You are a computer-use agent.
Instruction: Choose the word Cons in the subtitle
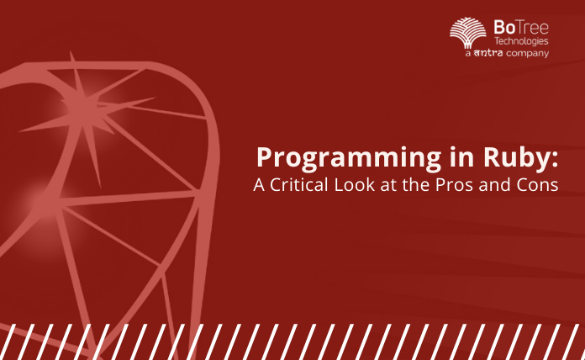click(537, 186)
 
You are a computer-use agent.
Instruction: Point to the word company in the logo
click(527, 53)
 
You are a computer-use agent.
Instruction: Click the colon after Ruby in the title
click(556, 160)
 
